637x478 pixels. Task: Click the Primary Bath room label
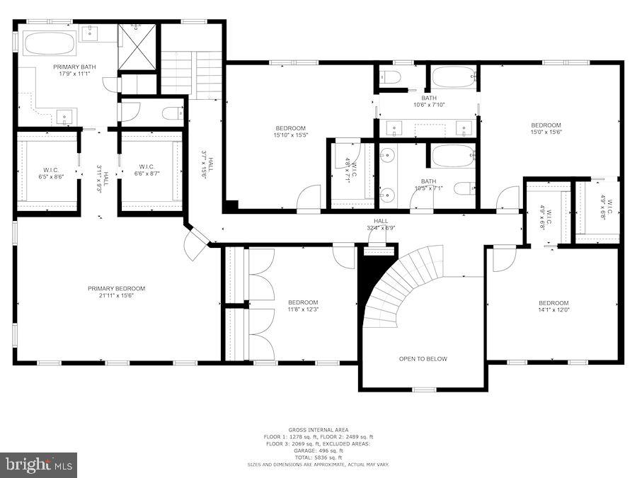[x=74, y=67]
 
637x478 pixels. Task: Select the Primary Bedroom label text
[x=116, y=288]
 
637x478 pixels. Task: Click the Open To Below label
[x=423, y=359]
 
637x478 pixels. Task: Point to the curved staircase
[x=403, y=287]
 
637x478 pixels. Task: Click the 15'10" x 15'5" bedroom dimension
[x=289, y=136]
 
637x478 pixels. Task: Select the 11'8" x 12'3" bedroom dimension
[x=303, y=309]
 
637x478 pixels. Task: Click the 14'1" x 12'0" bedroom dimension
[x=553, y=309]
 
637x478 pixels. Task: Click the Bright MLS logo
[x=39, y=465]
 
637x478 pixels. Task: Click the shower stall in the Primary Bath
[x=137, y=47]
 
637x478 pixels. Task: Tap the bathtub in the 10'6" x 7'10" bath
[x=454, y=77]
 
